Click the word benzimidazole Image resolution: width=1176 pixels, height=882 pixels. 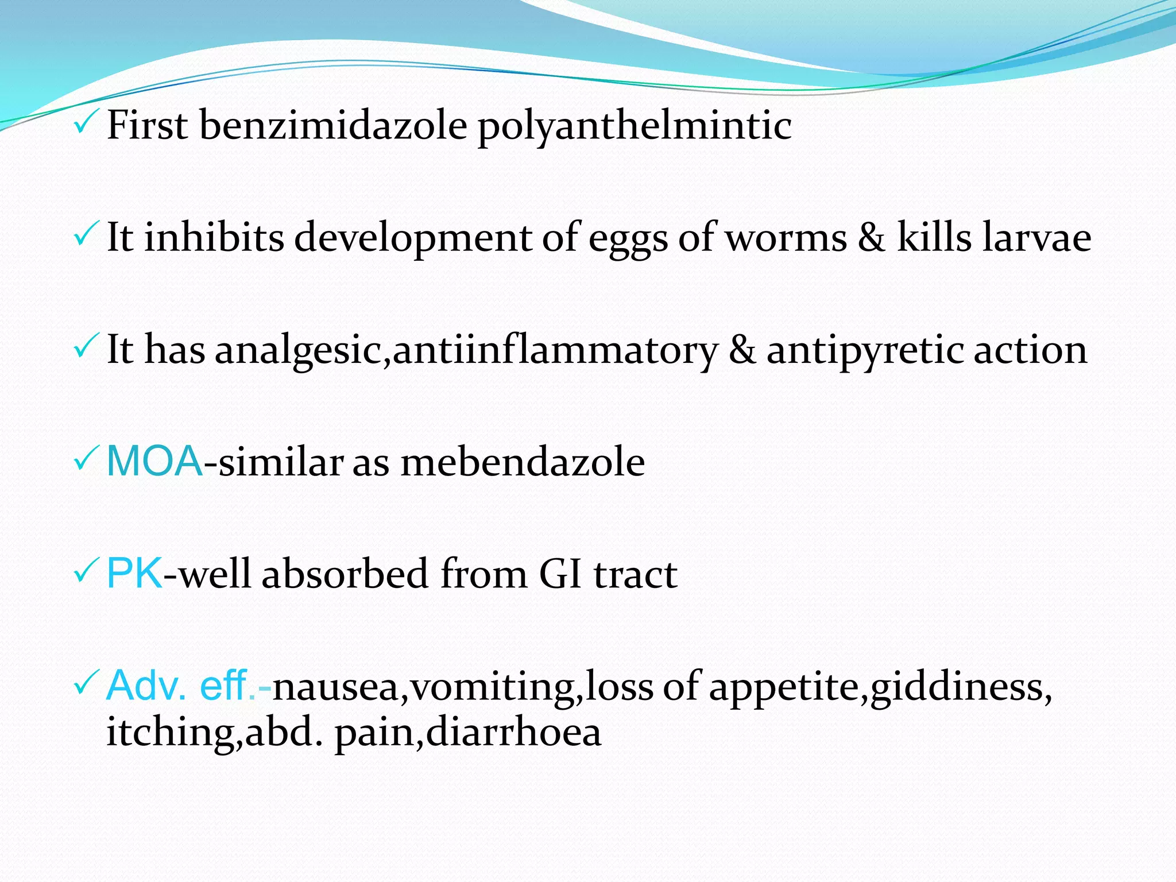333,125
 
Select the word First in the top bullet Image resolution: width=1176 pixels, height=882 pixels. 147,125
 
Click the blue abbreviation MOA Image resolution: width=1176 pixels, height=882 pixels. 154,461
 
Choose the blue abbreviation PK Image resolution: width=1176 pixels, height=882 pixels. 134,573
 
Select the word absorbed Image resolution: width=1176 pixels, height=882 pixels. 345,574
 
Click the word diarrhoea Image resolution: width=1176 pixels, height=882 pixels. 513,733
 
